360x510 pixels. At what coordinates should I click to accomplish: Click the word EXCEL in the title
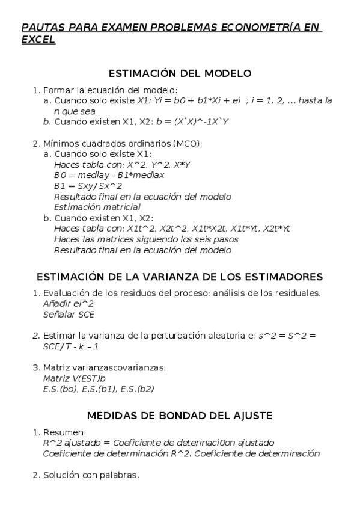tap(38, 40)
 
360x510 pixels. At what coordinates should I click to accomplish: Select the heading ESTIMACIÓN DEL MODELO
tap(180, 73)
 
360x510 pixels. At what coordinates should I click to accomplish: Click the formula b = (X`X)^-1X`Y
tap(193, 121)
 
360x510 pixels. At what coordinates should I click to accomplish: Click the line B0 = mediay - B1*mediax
tap(109, 175)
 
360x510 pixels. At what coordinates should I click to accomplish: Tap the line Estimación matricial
tap(97, 207)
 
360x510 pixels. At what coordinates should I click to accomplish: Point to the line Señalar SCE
tap(69, 314)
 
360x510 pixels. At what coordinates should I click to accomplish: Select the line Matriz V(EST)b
tap(75, 379)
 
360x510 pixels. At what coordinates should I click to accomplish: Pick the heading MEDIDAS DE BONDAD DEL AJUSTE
tap(180, 416)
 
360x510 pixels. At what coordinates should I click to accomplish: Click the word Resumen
tap(64, 432)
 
